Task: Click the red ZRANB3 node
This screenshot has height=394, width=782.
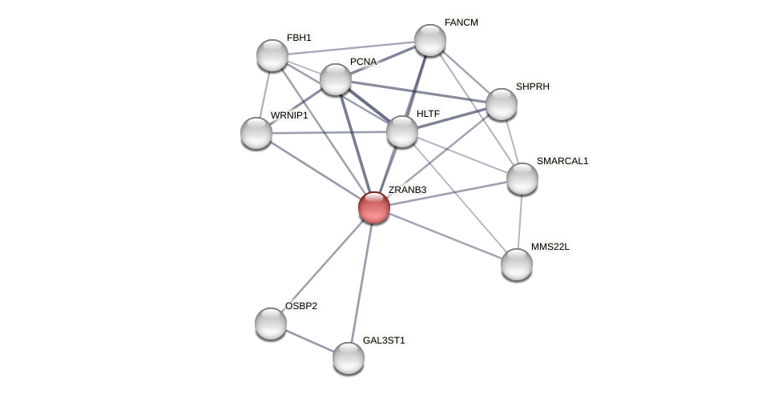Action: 374,207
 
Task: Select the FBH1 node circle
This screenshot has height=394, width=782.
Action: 272,55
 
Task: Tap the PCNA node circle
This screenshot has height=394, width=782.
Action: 336,79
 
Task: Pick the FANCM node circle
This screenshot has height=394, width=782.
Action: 430,40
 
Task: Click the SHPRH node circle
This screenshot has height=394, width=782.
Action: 502,104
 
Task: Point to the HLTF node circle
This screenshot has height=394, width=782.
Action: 402,131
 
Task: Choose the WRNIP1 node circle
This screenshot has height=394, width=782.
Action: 256,133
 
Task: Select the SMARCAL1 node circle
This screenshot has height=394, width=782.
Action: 522,179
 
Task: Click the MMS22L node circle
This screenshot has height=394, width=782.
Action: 517,264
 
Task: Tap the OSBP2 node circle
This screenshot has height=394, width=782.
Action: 271,324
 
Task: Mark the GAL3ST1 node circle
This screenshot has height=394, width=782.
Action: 349,358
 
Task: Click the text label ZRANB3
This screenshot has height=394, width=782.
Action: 407,190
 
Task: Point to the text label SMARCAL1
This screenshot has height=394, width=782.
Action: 562,161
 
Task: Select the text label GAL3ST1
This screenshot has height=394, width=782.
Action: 384,340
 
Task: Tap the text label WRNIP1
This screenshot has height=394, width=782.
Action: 288,115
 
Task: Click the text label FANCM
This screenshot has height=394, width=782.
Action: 461,22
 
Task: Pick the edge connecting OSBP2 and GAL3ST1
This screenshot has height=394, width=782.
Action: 310,341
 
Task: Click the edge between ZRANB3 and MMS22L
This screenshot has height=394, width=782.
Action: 445,236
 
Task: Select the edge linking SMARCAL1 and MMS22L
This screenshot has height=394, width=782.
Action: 520,221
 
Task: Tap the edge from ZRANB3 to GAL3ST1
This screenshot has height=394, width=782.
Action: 361,283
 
